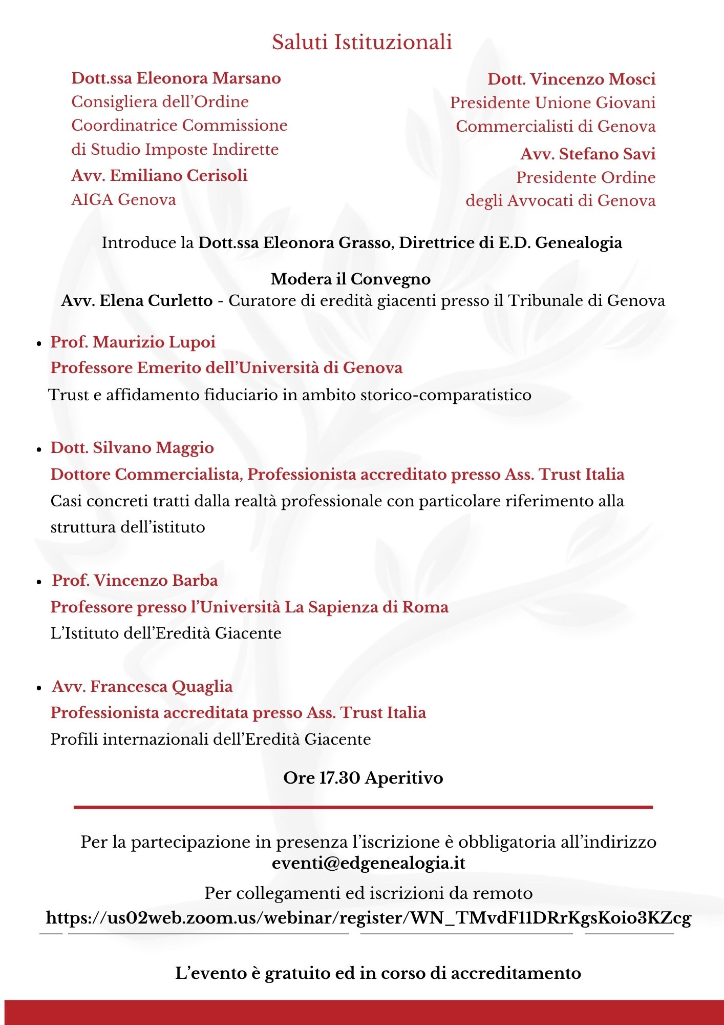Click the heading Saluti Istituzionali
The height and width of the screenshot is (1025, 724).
(361, 42)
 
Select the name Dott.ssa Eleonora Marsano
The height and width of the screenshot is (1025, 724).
(176, 78)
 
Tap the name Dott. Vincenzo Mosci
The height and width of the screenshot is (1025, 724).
(571, 79)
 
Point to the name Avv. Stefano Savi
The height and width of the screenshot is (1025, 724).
(588, 154)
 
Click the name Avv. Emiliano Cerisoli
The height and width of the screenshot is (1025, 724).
(159, 175)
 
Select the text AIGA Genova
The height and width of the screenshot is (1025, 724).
(123, 199)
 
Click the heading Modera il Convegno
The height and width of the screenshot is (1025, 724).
(351, 279)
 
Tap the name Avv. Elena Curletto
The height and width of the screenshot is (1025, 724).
(137, 300)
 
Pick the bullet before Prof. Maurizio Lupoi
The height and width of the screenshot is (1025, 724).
(39, 344)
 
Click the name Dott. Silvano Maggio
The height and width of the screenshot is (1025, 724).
(132, 447)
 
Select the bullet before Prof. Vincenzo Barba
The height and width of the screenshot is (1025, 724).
(39, 582)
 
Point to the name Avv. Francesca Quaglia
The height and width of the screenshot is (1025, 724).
(142, 686)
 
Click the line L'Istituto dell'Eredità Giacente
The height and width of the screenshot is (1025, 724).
(166, 633)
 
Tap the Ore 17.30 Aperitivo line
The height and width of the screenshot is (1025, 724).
(363, 777)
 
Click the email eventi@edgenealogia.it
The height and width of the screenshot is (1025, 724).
(369, 863)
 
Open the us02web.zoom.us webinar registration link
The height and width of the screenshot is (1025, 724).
(368, 917)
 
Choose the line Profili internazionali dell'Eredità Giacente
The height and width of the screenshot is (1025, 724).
(210, 739)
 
